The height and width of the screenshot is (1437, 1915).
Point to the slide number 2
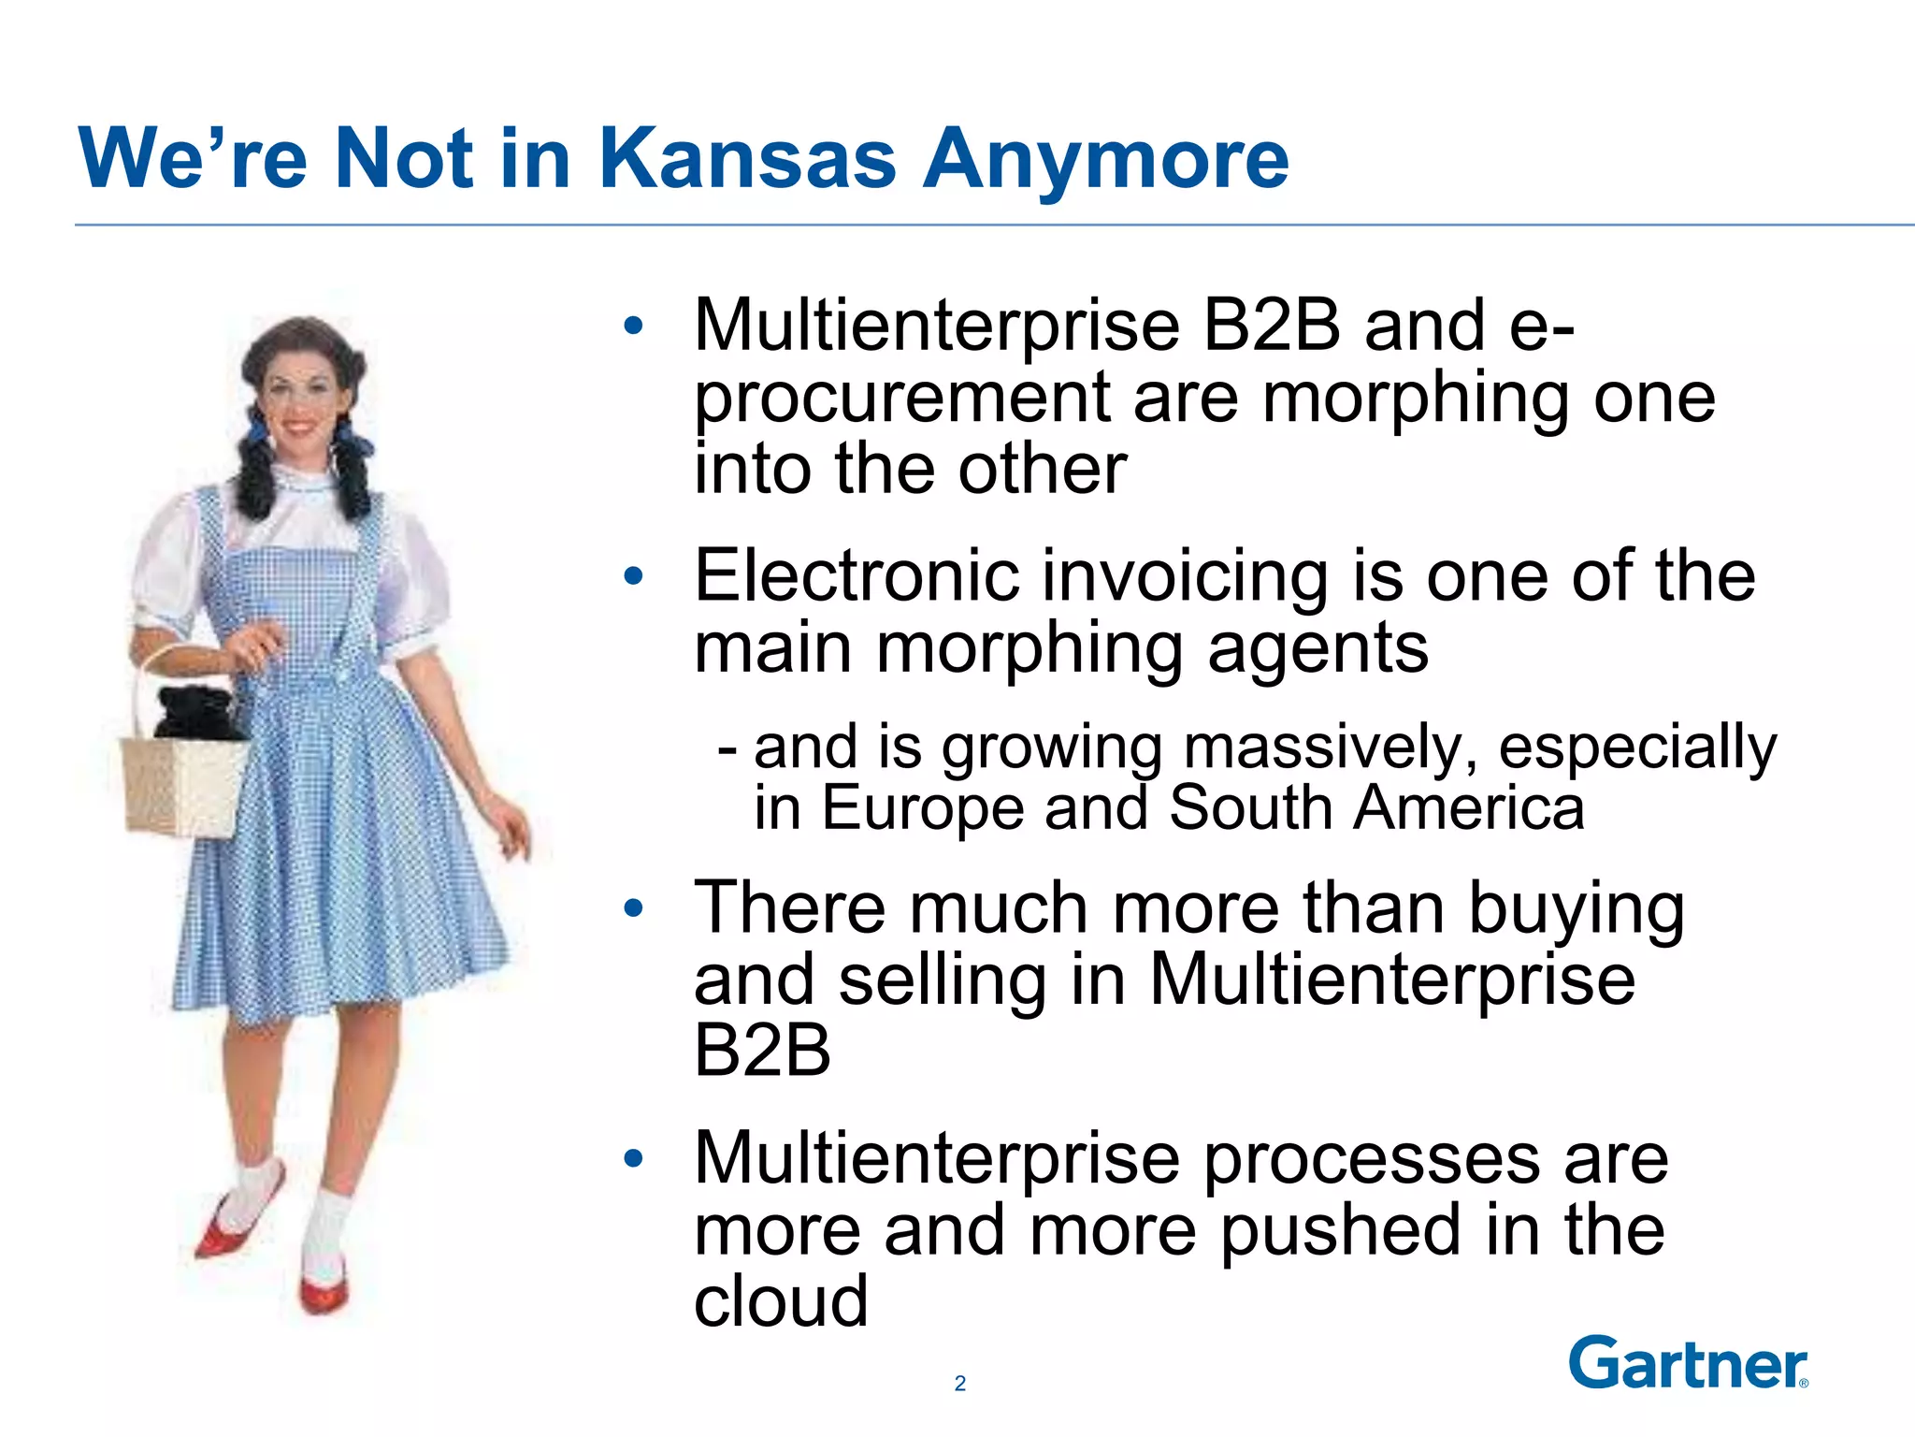coord(959,1384)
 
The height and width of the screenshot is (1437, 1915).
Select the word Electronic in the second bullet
coord(856,576)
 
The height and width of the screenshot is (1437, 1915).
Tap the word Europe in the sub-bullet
coord(923,807)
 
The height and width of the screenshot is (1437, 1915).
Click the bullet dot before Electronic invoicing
coord(634,576)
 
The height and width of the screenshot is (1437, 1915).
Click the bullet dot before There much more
coord(634,907)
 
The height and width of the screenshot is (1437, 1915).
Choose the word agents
coord(1317,648)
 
